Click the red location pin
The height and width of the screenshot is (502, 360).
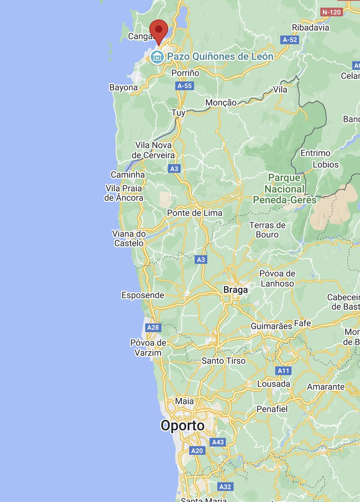click(x=159, y=30)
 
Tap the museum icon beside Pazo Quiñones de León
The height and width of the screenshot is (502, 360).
click(x=157, y=56)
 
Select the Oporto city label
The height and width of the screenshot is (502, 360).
click(x=183, y=426)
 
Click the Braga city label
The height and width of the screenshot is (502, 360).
click(x=235, y=289)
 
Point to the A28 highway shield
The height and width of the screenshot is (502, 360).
click(x=153, y=327)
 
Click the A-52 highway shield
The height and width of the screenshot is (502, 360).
click(x=289, y=39)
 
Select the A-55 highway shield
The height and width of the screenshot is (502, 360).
click(x=185, y=86)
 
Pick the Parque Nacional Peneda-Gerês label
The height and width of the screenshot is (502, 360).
click(x=285, y=189)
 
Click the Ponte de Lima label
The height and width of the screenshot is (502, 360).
click(x=195, y=213)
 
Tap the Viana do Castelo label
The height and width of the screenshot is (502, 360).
click(x=129, y=238)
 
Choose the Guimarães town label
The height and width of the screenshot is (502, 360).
click(x=271, y=326)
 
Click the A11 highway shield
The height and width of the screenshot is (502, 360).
click(x=283, y=371)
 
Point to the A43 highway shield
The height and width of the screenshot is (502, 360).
click(x=218, y=442)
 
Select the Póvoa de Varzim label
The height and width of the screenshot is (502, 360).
click(x=148, y=348)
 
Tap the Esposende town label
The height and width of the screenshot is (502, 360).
click(x=143, y=295)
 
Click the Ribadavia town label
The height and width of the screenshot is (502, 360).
click(x=311, y=28)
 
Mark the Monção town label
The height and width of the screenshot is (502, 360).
click(x=221, y=103)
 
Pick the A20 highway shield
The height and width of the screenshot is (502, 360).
click(x=197, y=451)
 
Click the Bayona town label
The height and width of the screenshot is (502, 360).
click(x=123, y=88)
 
